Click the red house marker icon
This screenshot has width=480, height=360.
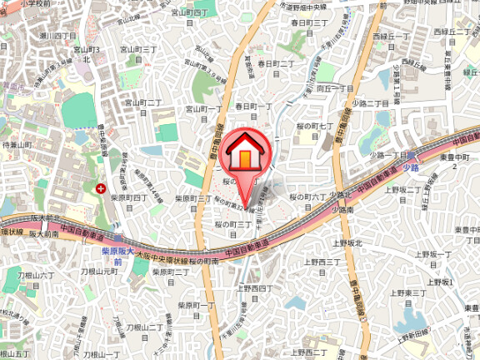[x=244, y=154]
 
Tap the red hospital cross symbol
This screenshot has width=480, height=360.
[x=102, y=189]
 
